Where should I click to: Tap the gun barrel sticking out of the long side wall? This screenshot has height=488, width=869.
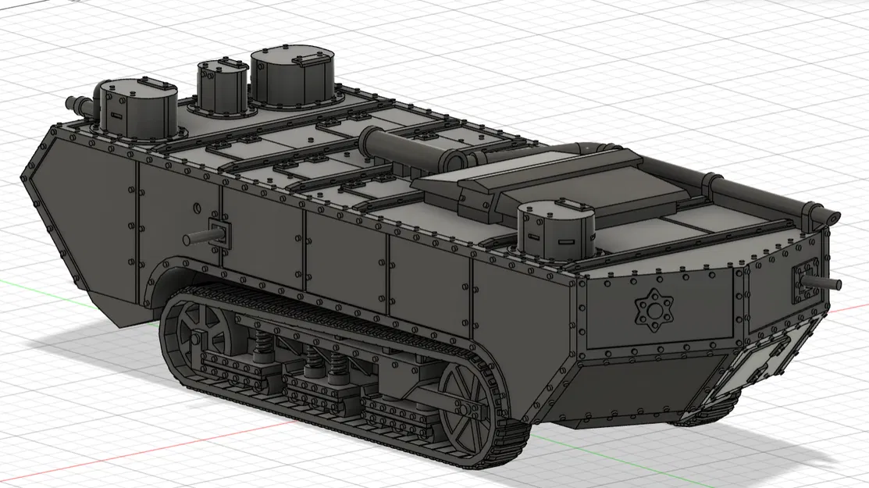pyautogui.click(x=194, y=237)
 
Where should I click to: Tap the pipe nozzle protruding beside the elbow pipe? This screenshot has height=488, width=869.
pyautogui.click(x=75, y=102)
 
